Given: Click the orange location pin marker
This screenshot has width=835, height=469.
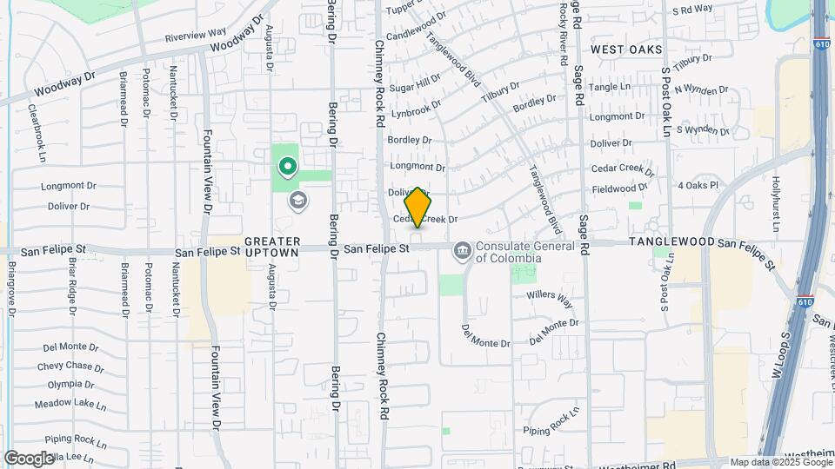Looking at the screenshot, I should [417, 207].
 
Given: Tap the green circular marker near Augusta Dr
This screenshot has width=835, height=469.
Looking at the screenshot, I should [287, 164].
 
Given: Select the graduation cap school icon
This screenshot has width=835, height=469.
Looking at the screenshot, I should [297, 201].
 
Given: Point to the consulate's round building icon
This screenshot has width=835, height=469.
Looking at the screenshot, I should [462, 252].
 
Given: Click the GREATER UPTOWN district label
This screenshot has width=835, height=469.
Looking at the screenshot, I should [272, 246].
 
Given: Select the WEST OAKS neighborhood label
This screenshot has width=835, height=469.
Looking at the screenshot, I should [626, 50].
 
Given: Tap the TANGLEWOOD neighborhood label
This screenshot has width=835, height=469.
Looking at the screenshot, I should [671, 241].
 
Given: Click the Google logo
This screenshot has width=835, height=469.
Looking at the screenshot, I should [29, 458].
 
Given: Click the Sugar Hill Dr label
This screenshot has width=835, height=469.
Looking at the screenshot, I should [415, 84].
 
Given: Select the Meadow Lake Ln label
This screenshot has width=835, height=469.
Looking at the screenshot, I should [70, 404].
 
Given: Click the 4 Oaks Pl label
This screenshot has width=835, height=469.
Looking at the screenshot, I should [698, 185].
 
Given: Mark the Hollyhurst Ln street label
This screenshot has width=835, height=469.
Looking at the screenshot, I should [777, 198].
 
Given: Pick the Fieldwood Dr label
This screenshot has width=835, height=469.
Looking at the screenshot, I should [619, 188].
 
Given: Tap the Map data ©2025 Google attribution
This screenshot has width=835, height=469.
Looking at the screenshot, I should [779, 462].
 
